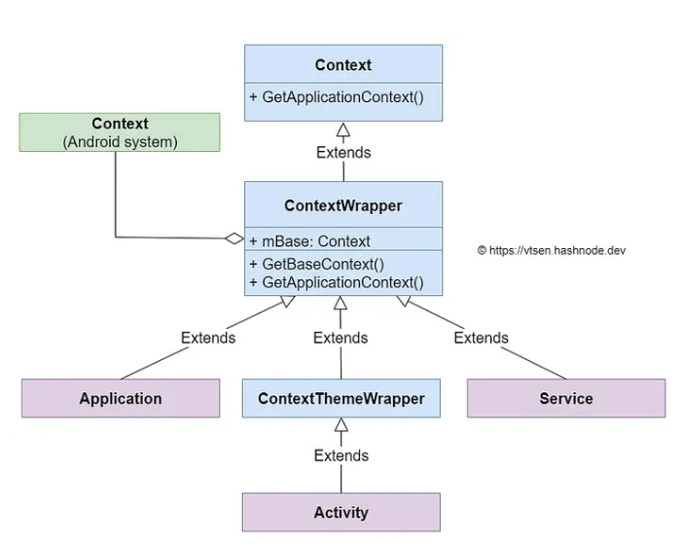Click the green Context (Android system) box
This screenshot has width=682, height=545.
click(x=120, y=132)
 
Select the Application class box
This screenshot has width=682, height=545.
click(x=121, y=398)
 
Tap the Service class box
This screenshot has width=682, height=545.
click(x=566, y=398)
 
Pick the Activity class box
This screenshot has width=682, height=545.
click(x=341, y=512)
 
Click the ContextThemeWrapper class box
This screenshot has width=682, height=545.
click(x=341, y=398)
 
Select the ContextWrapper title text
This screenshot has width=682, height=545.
click(x=342, y=205)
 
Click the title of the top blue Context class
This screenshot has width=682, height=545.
click(x=342, y=65)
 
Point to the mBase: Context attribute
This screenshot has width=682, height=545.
click(x=309, y=241)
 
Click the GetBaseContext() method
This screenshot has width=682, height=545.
click(x=316, y=264)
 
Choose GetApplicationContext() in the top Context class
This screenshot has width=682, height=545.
click(x=337, y=98)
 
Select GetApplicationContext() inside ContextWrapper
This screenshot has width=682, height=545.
click(x=337, y=282)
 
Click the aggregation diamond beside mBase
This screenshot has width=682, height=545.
click(x=233, y=237)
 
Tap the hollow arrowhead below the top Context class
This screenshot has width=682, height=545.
click(x=342, y=129)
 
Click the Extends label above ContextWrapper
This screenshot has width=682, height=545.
click(x=342, y=153)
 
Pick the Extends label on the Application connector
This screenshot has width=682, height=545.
click(x=208, y=338)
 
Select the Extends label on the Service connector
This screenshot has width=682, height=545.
click(x=481, y=338)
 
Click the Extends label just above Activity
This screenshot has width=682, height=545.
click(x=341, y=455)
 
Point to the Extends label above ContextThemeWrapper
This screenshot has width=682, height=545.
click(x=341, y=338)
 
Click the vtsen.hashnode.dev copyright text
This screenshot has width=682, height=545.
click(x=551, y=250)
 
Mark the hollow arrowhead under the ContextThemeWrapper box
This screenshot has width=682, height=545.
click(x=341, y=424)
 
